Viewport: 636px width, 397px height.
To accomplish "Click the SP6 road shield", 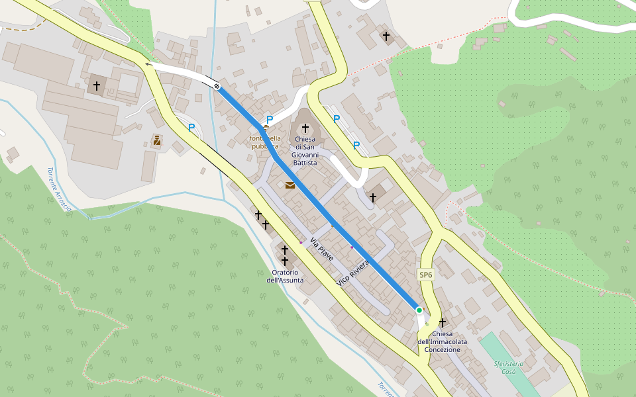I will pos(425,275).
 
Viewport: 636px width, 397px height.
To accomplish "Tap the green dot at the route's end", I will pos(419,310).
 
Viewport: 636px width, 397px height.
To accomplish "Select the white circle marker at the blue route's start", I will pos(217,86).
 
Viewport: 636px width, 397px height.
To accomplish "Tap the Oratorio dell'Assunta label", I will pos(285,276).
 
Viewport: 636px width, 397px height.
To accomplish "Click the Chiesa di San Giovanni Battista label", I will pos(305,150).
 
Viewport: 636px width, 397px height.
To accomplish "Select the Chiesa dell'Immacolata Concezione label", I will pos(442,341).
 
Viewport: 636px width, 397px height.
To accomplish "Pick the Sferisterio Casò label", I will pos(509,367).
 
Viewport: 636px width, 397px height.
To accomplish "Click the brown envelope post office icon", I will pos(290,185).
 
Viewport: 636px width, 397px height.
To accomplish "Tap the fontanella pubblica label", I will pos(265,142).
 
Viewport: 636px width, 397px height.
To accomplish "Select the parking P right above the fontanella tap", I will pos(270,119).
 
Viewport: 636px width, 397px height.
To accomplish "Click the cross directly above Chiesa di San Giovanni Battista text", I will pos(305,128).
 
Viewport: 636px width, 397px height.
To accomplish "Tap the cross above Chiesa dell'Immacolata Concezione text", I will pos(443,322).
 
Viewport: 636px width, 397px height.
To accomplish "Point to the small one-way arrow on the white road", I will pos(148,64).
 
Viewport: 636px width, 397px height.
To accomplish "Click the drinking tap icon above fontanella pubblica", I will pos(266,127).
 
